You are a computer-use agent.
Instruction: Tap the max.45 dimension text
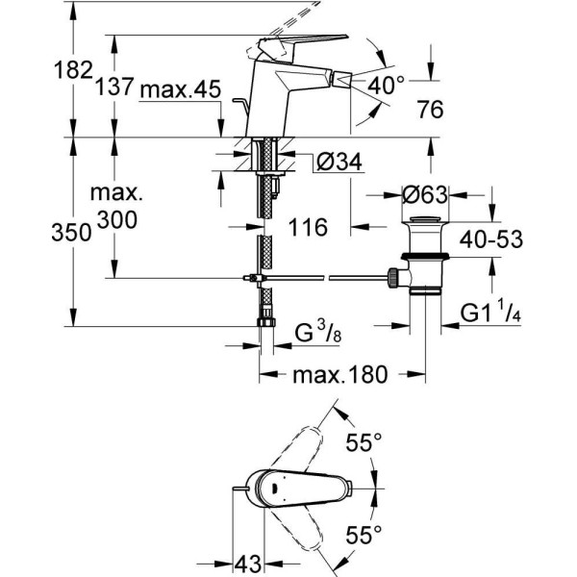tap(181, 91)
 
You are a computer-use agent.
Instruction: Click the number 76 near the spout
tap(430, 112)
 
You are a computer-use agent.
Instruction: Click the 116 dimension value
tap(309, 228)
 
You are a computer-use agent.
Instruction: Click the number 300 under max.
tap(116, 221)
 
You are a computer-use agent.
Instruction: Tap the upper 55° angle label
tap(365, 442)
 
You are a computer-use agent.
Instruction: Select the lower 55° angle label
tap(365, 531)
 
